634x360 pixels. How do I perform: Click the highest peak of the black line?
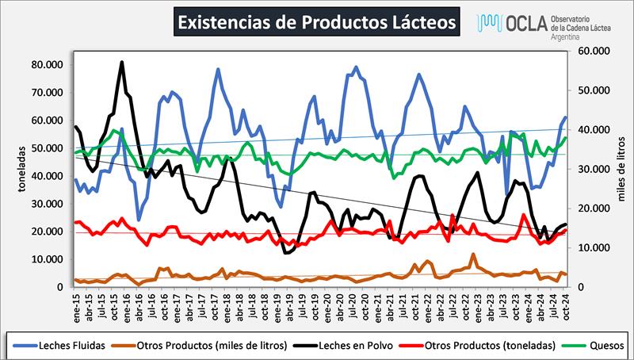point(122,62)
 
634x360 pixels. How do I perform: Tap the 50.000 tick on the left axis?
point(47,147)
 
